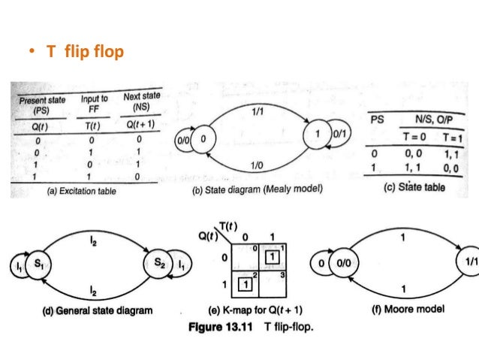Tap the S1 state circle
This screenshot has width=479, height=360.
42,265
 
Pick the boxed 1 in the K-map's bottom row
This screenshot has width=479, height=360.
244,285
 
